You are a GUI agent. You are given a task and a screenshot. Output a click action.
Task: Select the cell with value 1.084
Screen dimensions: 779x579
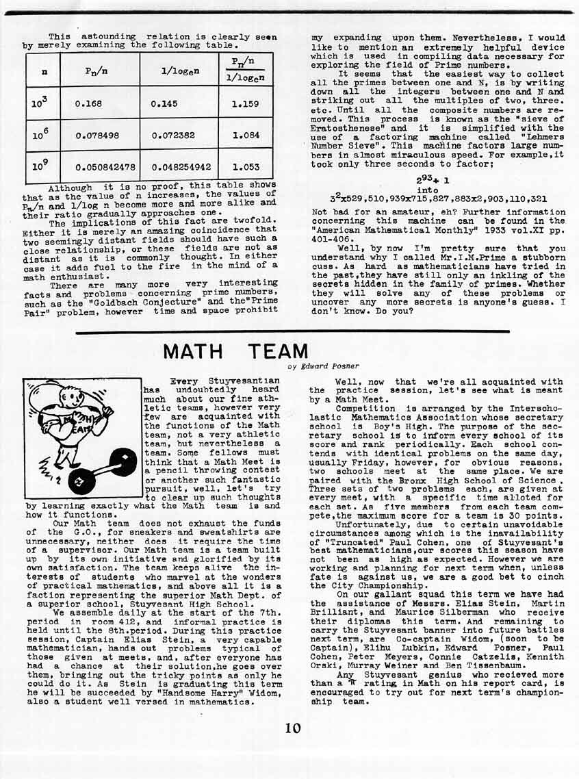246,136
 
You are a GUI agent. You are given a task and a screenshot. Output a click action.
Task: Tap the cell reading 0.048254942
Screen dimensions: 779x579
181,166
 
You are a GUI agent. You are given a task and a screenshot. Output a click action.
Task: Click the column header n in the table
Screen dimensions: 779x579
43,71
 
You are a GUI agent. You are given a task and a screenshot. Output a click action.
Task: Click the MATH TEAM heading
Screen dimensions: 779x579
235,352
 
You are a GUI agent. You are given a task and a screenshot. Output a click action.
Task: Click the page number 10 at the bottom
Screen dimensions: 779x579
293,728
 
